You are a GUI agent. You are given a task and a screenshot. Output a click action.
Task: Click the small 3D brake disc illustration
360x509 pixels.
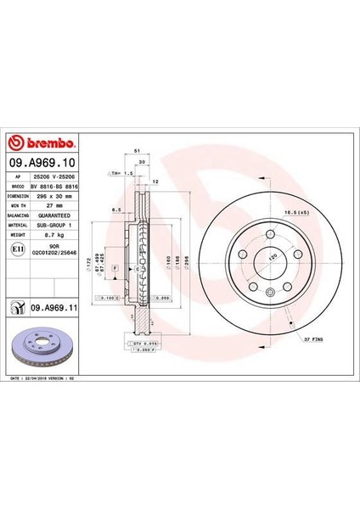(42, 348)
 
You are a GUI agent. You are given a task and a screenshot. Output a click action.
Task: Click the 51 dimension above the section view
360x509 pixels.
(137, 148)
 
